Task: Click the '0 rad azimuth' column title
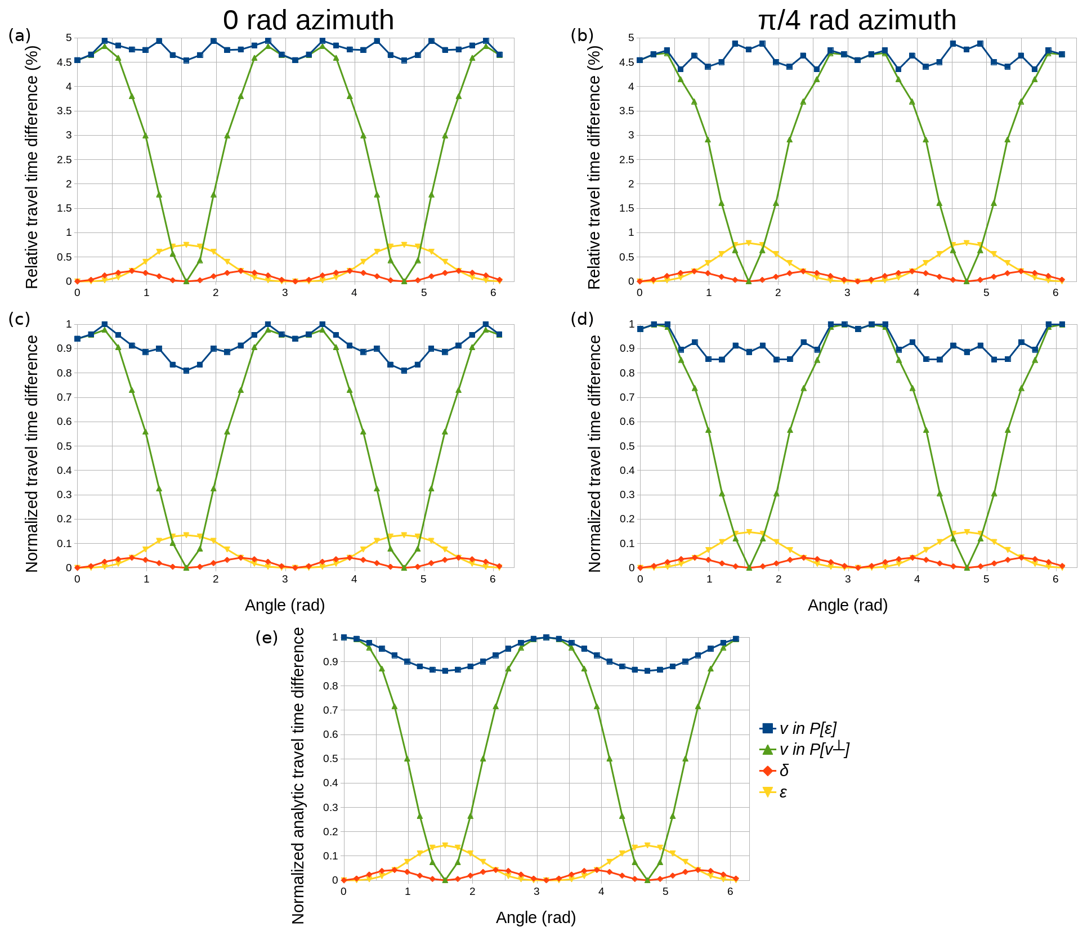pos(308,21)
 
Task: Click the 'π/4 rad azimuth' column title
pos(857,21)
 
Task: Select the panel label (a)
pos(19,36)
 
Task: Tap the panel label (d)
pos(582,319)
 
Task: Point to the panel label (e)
pos(266,638)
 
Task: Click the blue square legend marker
pos(767,728)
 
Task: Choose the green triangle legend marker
pos(767,750)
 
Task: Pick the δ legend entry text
pos(784,771)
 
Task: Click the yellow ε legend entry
pos(783,792)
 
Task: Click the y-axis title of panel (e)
pos(298,777)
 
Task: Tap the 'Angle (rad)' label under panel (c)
pos(285,605)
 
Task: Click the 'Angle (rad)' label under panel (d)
pos(847,605)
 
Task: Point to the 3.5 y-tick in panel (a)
pos(65,111)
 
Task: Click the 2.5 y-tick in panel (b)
pos(627,160)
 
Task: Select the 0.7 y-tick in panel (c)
pos(65,397)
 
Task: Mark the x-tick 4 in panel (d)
pos(916,579)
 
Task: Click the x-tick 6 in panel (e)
pos(730,892)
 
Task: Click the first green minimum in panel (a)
pos(186,281)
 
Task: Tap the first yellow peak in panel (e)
pos(445,845)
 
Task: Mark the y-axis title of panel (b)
pos(594,167)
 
